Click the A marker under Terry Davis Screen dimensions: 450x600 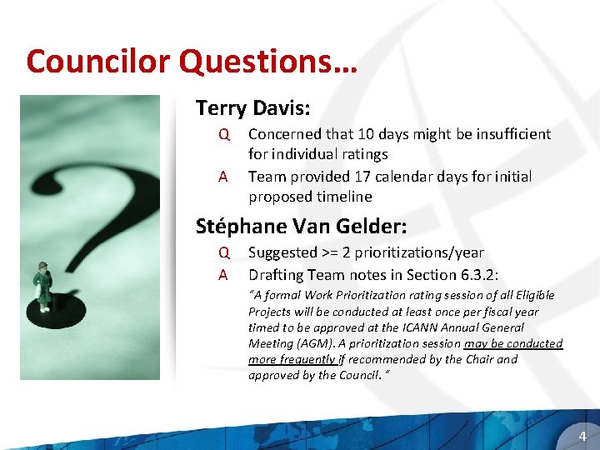pos(223,177)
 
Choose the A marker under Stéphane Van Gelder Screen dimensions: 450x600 pos(223,274)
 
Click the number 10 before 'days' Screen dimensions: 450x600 pos(366,134)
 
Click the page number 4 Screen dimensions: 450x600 pos(582,436)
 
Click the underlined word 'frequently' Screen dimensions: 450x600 pos(304,359)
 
